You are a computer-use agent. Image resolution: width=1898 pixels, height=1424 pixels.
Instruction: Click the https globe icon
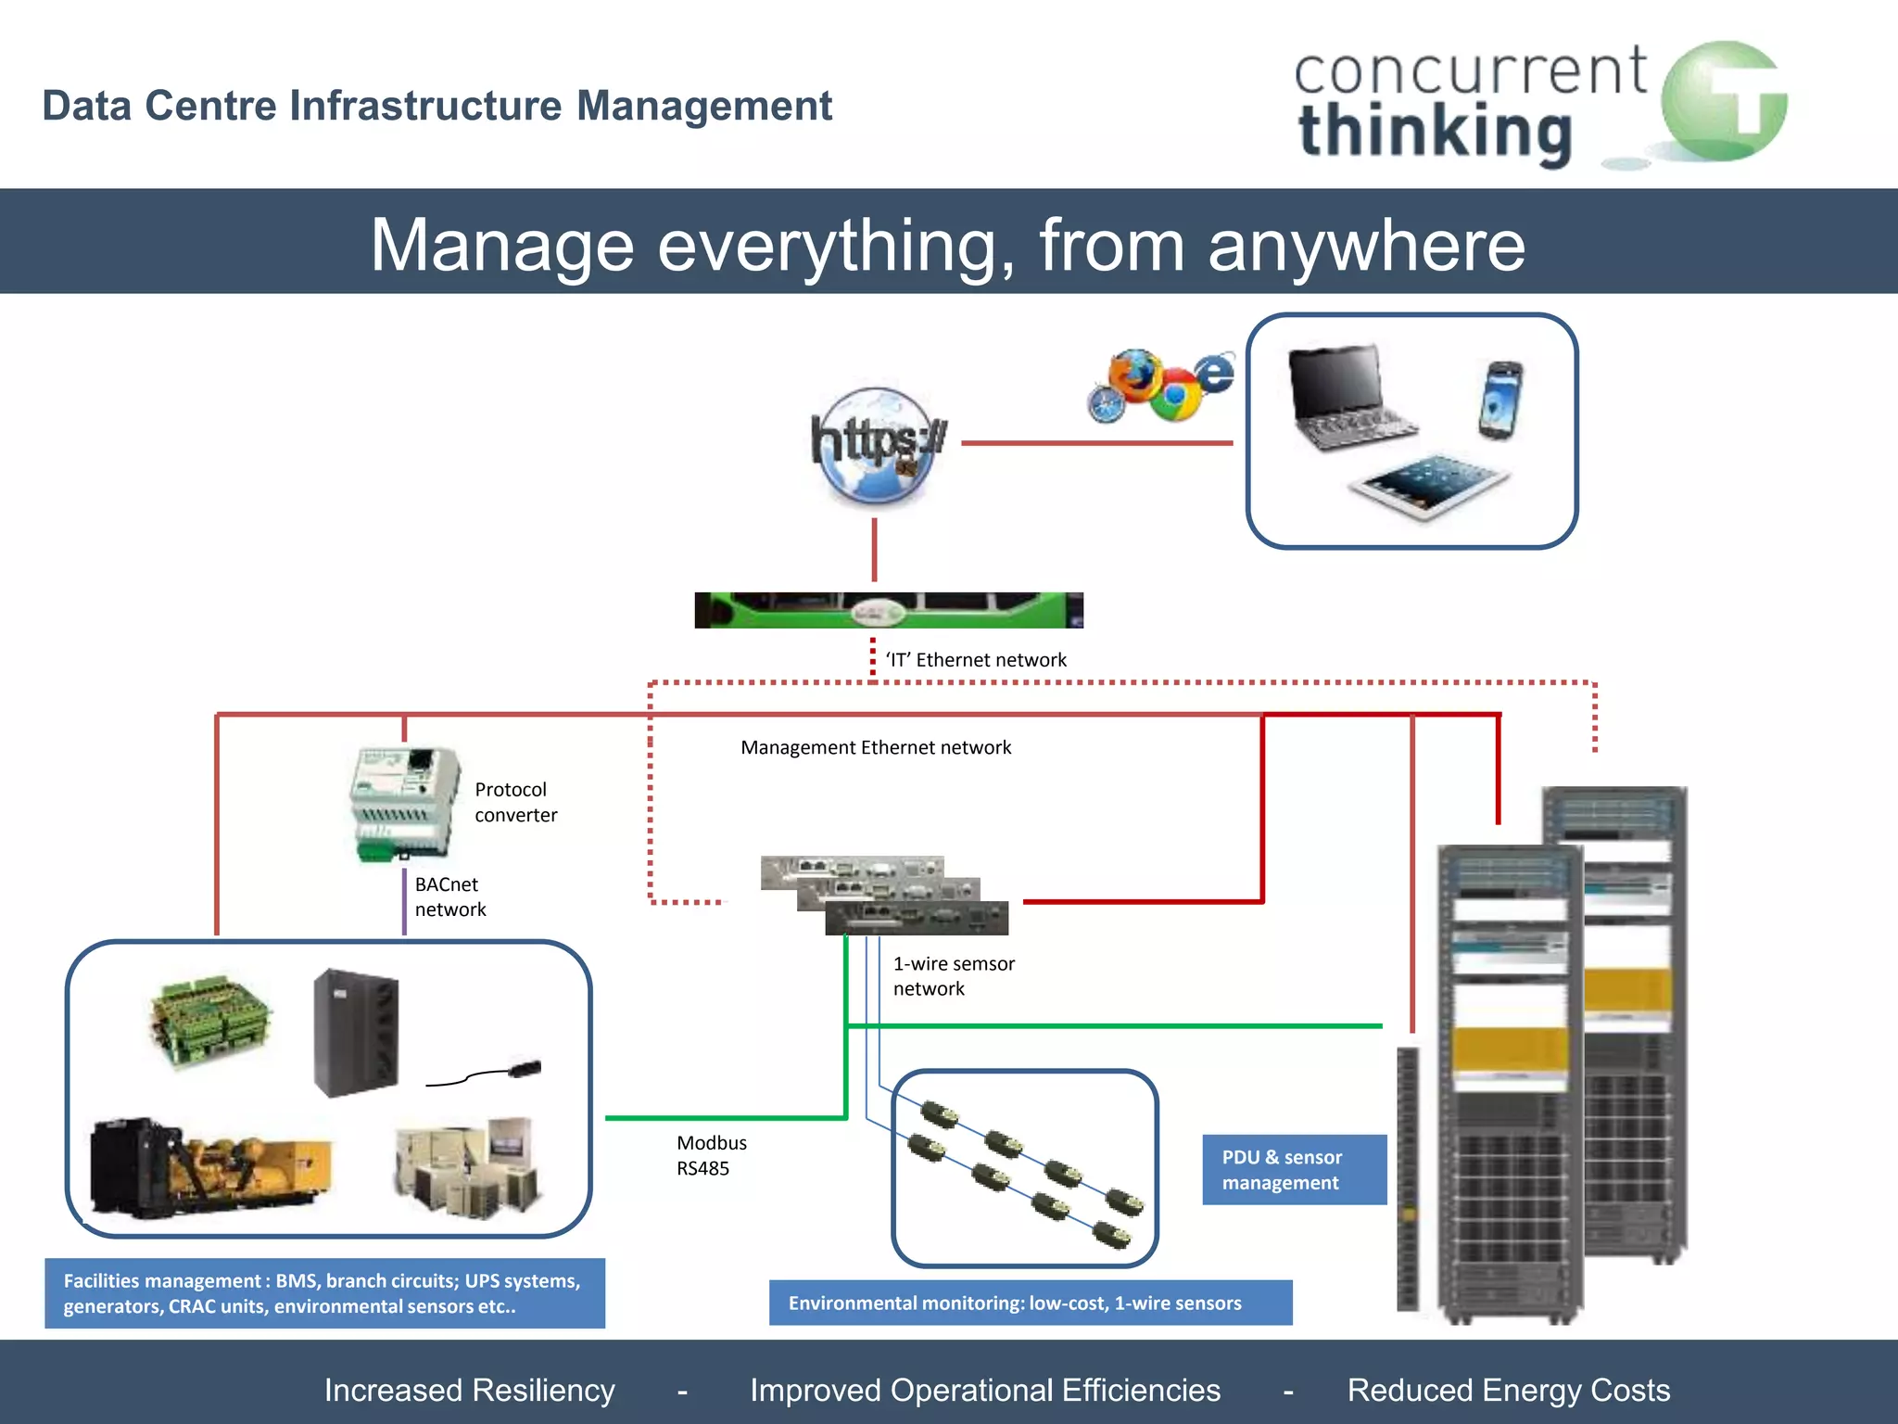(x=876, y=446)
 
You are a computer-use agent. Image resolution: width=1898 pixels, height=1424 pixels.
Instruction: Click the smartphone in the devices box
(x=1500, y=400)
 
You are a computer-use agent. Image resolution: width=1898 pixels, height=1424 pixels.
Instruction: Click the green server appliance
(x=888, y=611)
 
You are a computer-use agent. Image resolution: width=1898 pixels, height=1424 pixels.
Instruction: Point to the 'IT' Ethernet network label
(x=976, y=660)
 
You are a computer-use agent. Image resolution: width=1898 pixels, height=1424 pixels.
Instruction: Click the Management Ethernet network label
(x=876, y=747)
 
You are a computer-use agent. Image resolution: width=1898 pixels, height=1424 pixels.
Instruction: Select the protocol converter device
(x=404, y=803)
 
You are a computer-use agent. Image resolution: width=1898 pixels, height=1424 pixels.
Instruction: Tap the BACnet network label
(x=449, y=896)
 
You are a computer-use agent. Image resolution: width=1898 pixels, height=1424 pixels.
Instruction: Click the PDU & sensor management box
(x=1294, y=1170)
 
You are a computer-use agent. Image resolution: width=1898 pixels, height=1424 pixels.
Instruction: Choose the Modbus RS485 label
(x=711, y=1155)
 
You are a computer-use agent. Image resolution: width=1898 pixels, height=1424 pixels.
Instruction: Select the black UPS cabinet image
(x=356, y=1032)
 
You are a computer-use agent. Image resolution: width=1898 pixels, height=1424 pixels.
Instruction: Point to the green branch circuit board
(x=210, y=1020)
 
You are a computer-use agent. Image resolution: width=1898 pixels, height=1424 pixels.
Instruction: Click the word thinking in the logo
(x=1435, y=133)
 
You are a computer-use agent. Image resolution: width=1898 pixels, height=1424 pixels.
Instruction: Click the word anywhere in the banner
(x=1366, y=246)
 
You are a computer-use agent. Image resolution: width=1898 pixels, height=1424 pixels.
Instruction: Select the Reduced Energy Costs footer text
(x=1508, y=1390)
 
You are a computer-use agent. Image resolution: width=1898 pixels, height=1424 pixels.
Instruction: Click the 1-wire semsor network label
(x=953, y=976)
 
